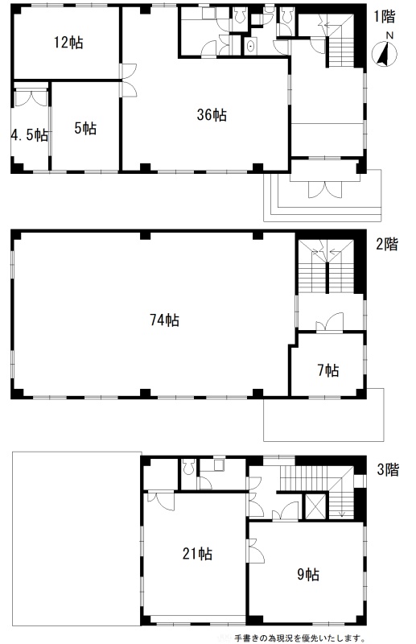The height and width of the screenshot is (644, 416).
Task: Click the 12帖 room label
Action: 68,43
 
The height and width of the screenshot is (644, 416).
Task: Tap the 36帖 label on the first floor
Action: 212,115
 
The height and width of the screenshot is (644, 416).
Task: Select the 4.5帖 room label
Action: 29,135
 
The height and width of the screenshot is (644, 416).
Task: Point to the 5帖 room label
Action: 85,129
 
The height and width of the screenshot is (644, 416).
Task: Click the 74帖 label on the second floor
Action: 164,320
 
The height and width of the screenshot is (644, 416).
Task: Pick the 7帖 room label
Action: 327,371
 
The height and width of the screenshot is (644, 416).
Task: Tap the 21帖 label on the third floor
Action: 197,554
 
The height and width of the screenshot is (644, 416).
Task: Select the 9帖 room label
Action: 308,575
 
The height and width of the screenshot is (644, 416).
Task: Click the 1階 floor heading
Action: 385,16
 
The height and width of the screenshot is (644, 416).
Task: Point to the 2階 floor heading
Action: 387,245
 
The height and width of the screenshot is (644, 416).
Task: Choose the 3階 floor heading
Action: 388,469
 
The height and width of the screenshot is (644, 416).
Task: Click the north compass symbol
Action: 385,55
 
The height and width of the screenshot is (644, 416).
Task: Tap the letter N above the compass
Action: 389,36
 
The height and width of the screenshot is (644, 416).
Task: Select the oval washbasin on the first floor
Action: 250,47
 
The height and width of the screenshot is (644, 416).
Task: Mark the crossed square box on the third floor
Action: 315,506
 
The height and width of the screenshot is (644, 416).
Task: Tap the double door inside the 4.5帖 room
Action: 31,98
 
